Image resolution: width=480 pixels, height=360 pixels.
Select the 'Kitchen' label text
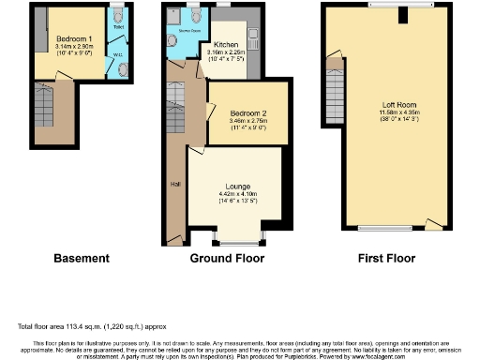227,44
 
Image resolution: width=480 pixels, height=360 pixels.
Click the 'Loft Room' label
400,104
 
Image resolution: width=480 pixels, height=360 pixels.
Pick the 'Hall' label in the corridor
174,184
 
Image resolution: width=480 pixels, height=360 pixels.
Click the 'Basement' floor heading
82,258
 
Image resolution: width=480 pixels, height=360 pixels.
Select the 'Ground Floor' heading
225,258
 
